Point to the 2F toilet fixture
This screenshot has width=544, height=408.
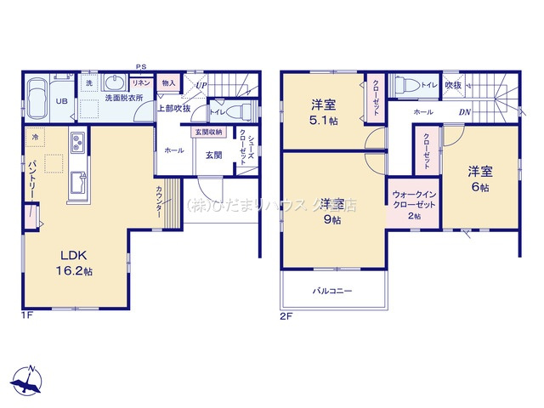(x=405, y=85)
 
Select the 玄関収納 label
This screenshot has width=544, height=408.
(x=208, y=132)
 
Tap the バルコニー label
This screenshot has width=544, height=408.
(x=331, y=291)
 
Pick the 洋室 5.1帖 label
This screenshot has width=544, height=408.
(x=323, y=112)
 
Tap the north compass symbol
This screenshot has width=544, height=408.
(x=28, y=380)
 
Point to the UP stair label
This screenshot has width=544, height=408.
(x=201, y=85)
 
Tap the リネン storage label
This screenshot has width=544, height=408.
(x=142, y=82)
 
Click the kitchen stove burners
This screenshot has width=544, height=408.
(x=76, y=140)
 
